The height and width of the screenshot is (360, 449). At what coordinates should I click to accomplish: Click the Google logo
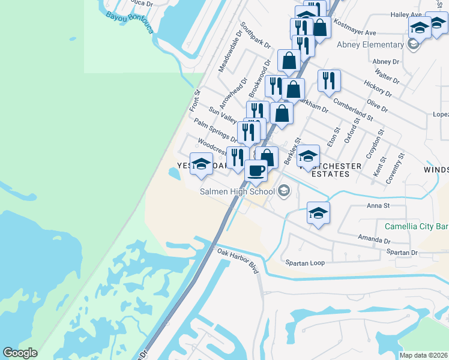20,353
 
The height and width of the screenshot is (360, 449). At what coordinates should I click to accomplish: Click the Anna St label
378,206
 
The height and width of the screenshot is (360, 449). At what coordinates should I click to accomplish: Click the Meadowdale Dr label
229,56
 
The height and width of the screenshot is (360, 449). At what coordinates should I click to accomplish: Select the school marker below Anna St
318,212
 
